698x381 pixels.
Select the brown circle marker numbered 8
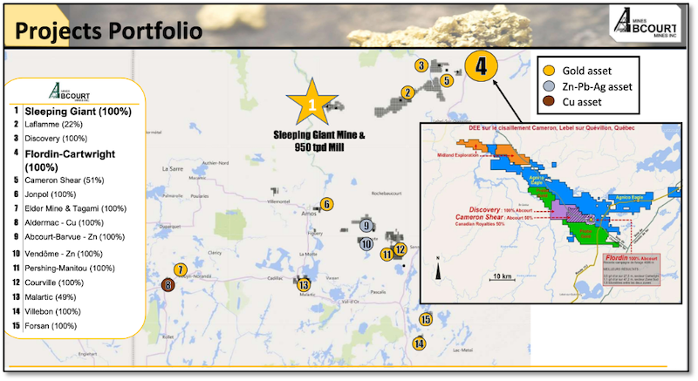(x=168, y=284)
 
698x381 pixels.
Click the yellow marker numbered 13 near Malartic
(x=303, y=284)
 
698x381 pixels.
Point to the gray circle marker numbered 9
(x=366, y=226)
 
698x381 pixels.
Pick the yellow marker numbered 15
(x=425, y=320)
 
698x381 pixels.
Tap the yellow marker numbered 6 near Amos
(x=326, y=204)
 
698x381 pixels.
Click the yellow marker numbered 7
(x=180, y=269)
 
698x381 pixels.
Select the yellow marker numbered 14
(x=420, y=344)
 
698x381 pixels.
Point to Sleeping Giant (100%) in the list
(x=78, y=112)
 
